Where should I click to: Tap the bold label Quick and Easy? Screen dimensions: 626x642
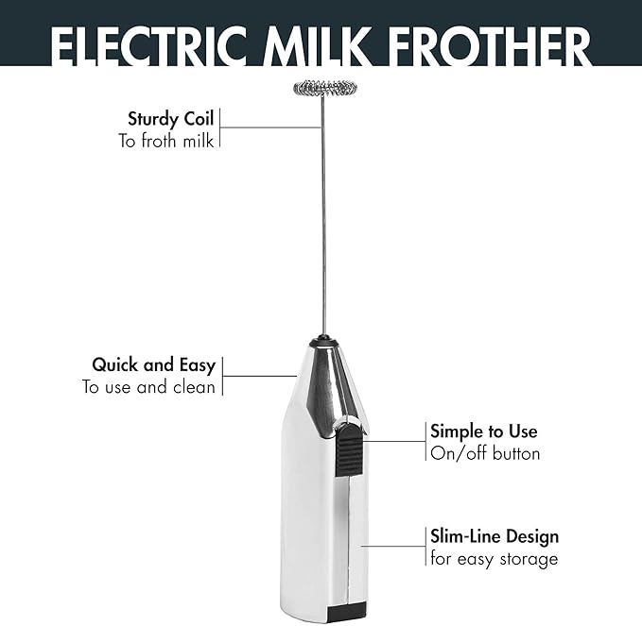153,364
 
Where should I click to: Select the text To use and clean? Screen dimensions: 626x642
148,386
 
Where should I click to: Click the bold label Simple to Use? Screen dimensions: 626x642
483,431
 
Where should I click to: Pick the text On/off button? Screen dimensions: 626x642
485,453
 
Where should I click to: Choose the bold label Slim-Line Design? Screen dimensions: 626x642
494,536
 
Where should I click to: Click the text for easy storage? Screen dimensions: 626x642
494,558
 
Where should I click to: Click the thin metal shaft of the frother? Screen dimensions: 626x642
322,217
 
